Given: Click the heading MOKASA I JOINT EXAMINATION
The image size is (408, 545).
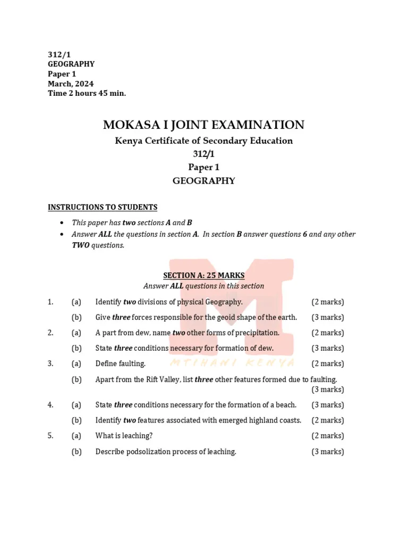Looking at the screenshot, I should tap(204, 125).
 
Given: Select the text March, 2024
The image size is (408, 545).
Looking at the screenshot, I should tap(71, 84).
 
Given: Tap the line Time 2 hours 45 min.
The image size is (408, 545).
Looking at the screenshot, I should tap(87, 94).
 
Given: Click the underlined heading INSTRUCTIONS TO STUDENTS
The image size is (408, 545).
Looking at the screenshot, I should tap(103, 207).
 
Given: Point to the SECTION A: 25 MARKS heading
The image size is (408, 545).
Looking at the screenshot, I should tap(203, 275).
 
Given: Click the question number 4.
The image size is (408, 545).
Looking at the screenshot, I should tap(50, 404).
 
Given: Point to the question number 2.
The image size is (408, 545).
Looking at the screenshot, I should tap(50, 333).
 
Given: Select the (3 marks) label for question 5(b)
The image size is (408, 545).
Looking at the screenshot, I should tap(327, 452).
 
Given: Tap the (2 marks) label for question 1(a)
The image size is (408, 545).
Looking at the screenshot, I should tap(327, 302).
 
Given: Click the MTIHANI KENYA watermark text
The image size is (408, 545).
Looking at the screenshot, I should tap(232, 362).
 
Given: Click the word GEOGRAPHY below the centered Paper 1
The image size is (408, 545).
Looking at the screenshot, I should tap(204, 181).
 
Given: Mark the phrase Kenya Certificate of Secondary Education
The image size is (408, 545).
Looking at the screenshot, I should tap(204, 141).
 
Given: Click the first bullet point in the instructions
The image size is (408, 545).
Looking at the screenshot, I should tap(63, 222).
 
